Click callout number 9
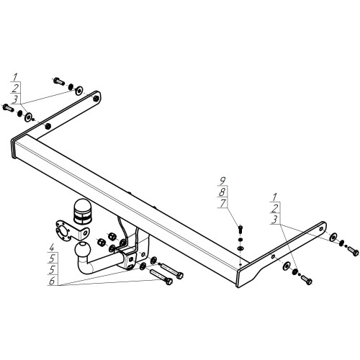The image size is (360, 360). coord(223,180)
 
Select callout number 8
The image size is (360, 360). coord(222,192)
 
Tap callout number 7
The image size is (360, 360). coord(223,204)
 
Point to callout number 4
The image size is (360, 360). coord(52,247)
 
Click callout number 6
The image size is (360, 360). coord(53,281)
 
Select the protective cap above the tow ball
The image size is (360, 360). coord(82,212)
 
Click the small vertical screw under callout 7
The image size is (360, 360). coord(240,229)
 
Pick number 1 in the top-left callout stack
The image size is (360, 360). coord(15,77)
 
